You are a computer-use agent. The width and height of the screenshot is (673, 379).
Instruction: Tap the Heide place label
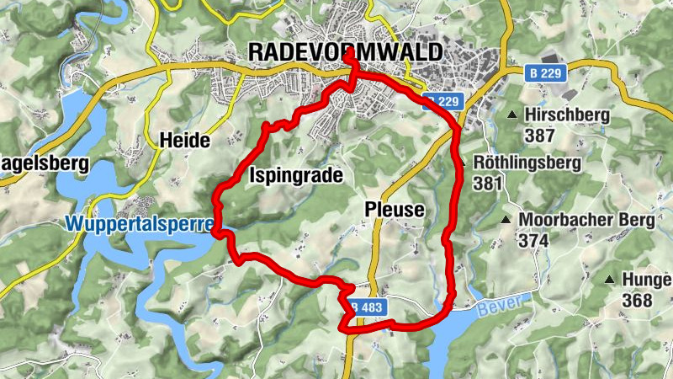pos(183,141)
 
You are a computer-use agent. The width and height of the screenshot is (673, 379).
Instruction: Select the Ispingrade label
pos(296,175)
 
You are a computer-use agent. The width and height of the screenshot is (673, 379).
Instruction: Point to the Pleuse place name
pos(395,208)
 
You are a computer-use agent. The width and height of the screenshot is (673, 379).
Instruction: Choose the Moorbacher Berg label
pos(586,221)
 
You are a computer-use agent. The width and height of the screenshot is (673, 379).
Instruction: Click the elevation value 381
pos(488,184)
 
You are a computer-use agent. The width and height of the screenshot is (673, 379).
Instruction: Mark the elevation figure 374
pos(533,241)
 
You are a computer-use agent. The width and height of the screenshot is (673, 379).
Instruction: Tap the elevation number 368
pos(637,300)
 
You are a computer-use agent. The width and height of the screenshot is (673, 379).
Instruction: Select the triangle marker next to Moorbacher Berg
pos(506,221)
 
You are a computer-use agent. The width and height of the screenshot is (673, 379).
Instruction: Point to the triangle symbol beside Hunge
pos(609,279)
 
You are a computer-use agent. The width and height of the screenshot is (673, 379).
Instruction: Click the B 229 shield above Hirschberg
pos(545,74)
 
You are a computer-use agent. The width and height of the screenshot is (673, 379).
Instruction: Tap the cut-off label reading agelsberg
pos(44,164)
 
